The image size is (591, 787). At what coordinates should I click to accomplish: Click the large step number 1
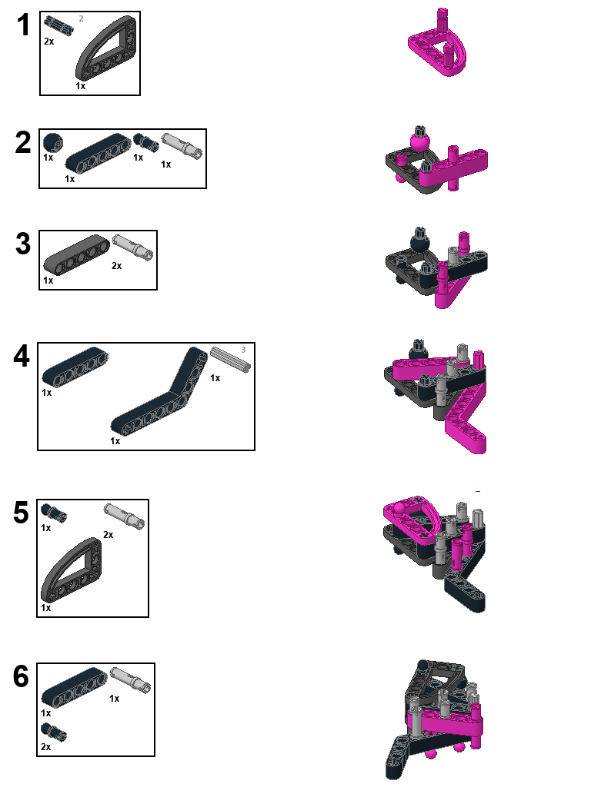click(x=23, y=26)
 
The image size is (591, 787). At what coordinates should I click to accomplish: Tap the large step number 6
click(x=22, y=677)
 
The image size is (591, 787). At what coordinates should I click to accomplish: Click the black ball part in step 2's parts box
click(x=52, y=141)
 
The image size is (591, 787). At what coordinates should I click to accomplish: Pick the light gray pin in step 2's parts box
click(x=182, y=145)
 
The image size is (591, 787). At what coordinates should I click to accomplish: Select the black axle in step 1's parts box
click(x=59, y=25)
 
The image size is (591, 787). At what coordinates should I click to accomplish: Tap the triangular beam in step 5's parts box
click(x=71, y=569)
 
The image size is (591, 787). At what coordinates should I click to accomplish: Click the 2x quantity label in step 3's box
click(x=117, y=266)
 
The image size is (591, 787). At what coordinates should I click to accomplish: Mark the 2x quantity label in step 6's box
click(x=46, y=746)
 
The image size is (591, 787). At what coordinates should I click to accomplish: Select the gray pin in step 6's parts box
click(x=129, y=679)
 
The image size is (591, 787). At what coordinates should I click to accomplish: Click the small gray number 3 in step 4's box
click(x=243, y=350)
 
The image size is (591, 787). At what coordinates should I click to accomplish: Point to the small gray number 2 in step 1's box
click(x=81, y=18)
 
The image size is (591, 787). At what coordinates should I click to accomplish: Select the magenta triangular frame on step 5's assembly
click(x=416, y=517)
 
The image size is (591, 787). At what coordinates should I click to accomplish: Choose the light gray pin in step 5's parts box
click(x=124, y=514)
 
